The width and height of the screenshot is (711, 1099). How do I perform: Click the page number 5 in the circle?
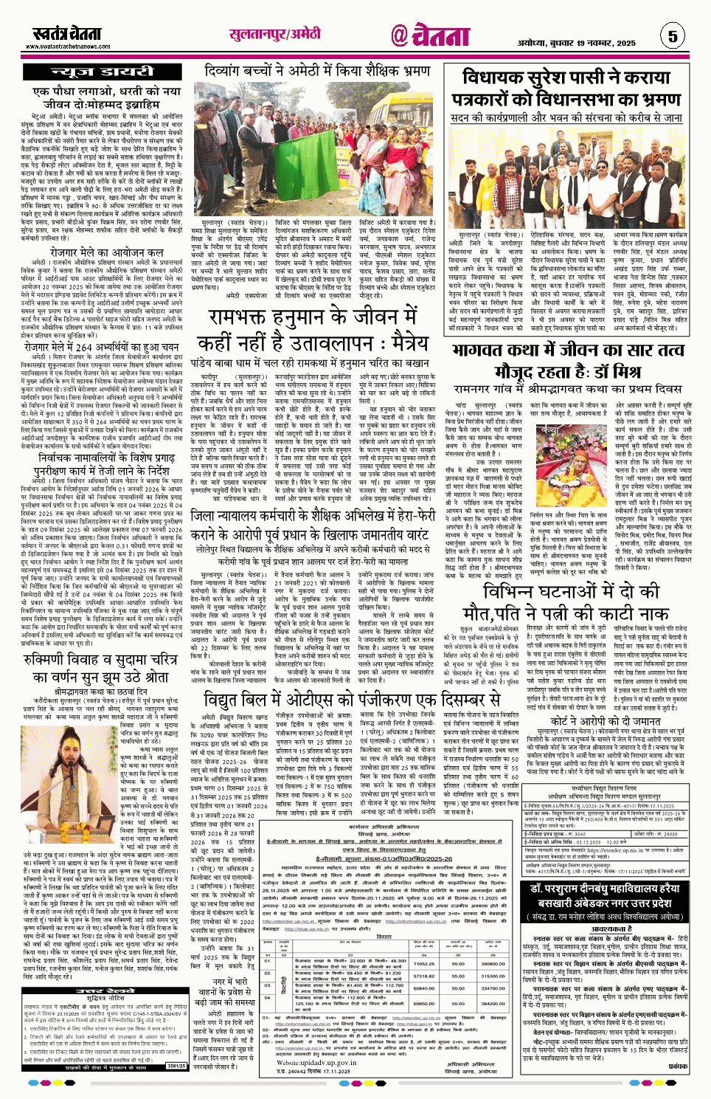(672, 35)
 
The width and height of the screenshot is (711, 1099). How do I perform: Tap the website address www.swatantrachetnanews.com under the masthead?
(71, 46)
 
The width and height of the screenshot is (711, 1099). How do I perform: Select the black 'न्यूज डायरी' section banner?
(101, 72)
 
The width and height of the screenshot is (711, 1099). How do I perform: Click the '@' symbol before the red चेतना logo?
(399, 35)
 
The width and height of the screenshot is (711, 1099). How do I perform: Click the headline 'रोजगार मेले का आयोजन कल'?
(106, 252)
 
